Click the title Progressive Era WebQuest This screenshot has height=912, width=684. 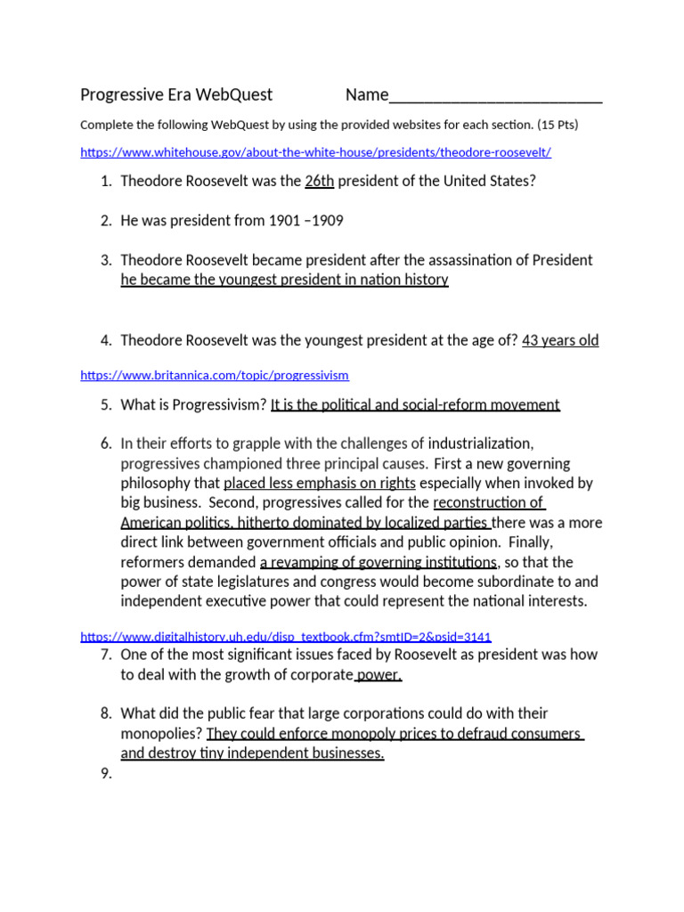tap(176, 95)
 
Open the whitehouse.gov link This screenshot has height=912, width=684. tap(315, 152)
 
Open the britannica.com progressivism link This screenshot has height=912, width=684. tap(215, 375)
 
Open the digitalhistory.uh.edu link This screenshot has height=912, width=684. tap(285, 636)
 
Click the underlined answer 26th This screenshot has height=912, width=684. tap(319, 181)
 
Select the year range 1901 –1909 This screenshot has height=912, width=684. tap(294, 220)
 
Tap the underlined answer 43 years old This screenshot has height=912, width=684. tap(560, 340)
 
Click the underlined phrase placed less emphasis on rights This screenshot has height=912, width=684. tap(319, 483)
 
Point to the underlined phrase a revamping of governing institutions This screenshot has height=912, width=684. tap(379, 562)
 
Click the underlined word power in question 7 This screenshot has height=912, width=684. tap(379, 674)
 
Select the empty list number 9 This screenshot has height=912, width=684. tap(106, 773)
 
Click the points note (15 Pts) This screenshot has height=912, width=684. tap(557, 125)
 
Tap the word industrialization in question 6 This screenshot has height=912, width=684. tap(480, 444)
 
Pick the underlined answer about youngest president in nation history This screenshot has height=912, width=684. tap(284, 280)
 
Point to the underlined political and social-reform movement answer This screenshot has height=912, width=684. tap(415, 404)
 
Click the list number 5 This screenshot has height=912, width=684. tap(106, 404)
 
